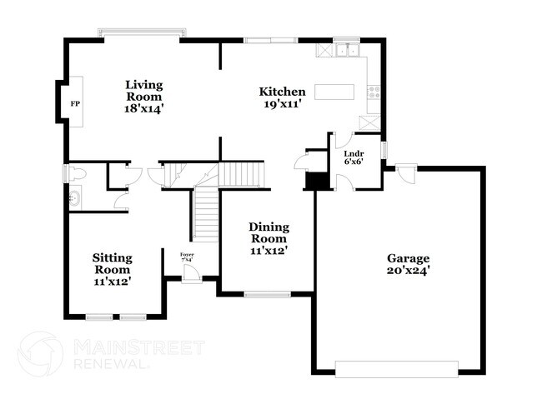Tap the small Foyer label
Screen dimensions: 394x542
point(188,254)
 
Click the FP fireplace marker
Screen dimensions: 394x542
point(75,103)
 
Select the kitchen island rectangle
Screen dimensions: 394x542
point(334,91)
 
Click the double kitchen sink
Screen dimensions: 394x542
point(346,52)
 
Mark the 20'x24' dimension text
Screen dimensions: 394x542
point(408,271)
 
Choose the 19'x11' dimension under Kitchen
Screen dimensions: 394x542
point(283,105)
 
